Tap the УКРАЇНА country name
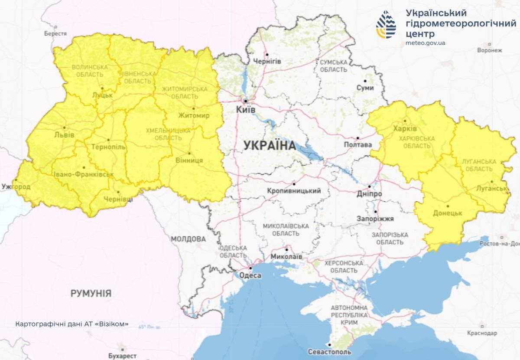270,145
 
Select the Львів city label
64,135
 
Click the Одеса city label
250,275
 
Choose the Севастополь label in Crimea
330,352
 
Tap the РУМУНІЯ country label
91,294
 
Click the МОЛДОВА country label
188,239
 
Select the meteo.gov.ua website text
425,43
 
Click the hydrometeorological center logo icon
386,25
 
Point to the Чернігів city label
267,61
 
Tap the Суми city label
364,88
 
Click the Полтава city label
357,145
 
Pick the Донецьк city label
448,213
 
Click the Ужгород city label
16,187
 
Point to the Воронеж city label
489,50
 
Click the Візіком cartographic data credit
71,324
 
